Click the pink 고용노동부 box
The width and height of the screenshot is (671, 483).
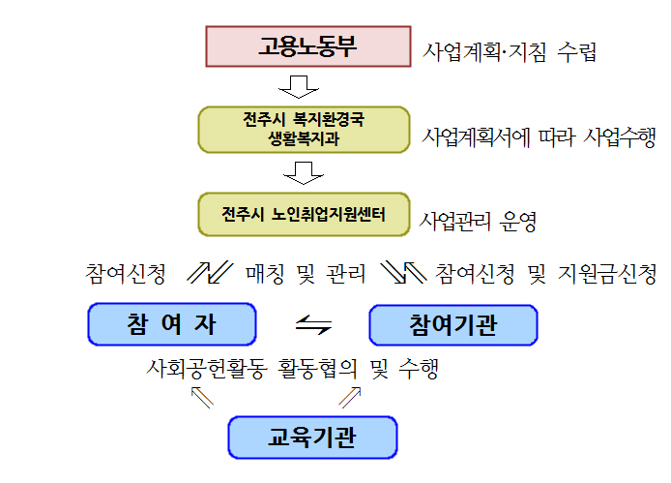point(308,46)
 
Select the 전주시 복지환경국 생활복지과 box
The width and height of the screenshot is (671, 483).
point(304,130)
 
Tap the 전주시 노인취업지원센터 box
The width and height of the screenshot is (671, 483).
point(304,214)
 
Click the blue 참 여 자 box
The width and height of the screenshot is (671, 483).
point(172,324)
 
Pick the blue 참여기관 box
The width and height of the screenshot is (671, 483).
point(453,325)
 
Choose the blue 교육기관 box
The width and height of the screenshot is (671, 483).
point(312,438)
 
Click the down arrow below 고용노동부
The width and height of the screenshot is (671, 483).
point(299,87)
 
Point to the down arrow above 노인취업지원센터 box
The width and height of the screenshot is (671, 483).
point(304,173)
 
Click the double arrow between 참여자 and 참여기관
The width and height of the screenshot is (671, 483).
point(313,324)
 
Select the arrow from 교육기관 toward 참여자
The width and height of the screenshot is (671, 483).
point(202,397)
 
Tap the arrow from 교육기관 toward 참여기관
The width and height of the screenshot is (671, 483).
point(350,397)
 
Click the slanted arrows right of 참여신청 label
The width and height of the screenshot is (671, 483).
point(210,273)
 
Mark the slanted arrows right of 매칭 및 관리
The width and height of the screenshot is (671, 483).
point(403,273)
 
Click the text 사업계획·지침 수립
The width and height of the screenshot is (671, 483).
point(510,52)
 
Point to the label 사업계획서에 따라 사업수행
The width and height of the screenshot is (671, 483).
point(539,137)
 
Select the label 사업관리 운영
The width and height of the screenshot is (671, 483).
point(478,222)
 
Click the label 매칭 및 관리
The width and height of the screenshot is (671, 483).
point(306,273)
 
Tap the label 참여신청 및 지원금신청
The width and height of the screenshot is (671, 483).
point(545,273)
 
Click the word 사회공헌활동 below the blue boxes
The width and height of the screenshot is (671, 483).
point(207,369)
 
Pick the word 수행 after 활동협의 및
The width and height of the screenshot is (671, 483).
point(419,369)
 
